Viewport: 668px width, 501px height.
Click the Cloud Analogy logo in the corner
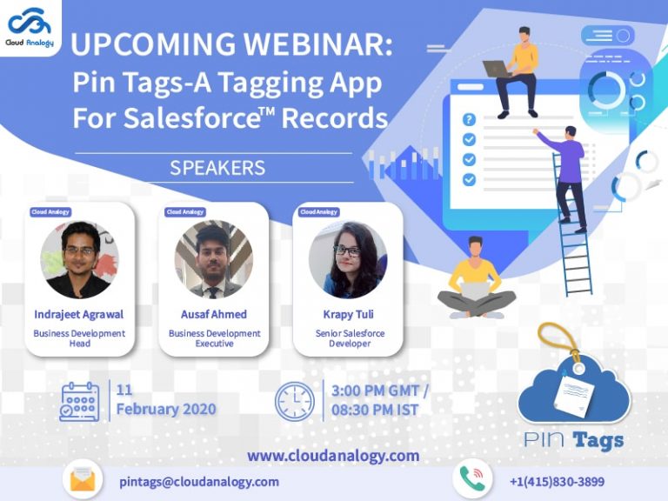pos(30,27)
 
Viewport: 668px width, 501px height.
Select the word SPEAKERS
pos(217,167)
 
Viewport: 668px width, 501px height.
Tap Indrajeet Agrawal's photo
pos(79,258)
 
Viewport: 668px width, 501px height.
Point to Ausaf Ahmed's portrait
pos(213,259)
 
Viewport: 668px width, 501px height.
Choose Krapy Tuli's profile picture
pos(347,259)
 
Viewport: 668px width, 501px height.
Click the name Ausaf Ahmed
pos(214,314)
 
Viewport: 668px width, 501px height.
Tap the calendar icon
pos(79,401)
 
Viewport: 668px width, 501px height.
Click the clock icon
pos(294,401)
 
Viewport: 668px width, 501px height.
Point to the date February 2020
pos(166,409)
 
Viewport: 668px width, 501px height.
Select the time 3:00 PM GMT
pos(380,391)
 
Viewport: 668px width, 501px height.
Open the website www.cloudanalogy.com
pos(333,455)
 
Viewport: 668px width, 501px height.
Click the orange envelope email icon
pos(83,480)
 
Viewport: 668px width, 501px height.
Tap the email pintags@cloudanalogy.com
pos(199,481)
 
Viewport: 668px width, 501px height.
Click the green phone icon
pos(472,479)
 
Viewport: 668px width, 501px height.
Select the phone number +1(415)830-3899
pos(557,481)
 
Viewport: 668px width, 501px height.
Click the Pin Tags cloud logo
pos(574,391)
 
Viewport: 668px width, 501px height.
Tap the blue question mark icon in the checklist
pos(469,120)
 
